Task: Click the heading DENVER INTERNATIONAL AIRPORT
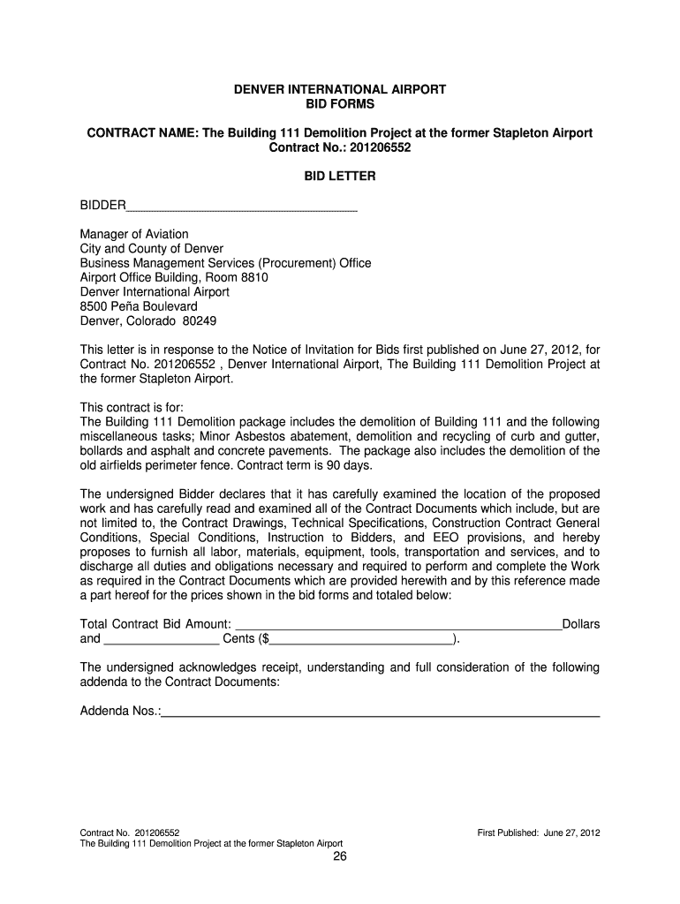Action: click(x=339, y=90)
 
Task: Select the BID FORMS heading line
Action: click(x=339, y=104)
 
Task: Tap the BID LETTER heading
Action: click(x=339, y=177)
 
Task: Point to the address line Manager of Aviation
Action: click(x=134, y=234)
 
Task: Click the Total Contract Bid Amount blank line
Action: click(x=398, y=626)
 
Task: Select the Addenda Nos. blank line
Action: click(x=381, y=712)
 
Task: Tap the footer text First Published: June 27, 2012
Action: click(x=538, y=832)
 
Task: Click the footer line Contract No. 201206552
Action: click(x=131, y=832)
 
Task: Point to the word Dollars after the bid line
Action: click(x=580, y=624)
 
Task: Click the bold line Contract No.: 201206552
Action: click(x=339, y=148)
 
